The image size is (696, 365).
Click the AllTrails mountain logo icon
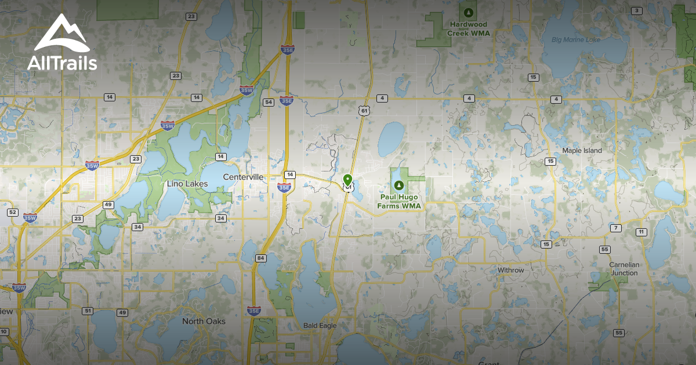[x=61, y=34]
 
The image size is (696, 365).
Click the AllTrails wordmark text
[x=62, y=63]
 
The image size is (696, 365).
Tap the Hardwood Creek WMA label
[x=468, y=29]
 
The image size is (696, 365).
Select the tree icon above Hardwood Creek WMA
[x=468, y=12]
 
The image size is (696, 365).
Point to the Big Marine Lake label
[x=576, y=40]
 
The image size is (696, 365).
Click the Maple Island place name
[x=582, y=151]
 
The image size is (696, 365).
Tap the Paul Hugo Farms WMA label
[x=398, y=202]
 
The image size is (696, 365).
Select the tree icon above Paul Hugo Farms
[x=398, y=185]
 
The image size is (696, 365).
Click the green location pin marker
[x=347, y=180]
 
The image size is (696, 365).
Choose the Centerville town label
[x=244, y=177]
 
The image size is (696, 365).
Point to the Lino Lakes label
[x=187, y=184]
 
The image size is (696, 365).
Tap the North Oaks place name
[x=204, y=321]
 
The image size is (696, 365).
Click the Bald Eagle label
[x=320, y=326]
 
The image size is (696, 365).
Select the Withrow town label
[x=510, y=271]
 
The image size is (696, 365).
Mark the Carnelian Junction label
[x=624, y=269]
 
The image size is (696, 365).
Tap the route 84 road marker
[x=260, y=258]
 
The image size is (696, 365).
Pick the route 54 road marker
[x=268, y=103]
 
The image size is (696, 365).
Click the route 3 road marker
[x=637, y=11]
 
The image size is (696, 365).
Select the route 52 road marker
[x=12, y=213]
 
